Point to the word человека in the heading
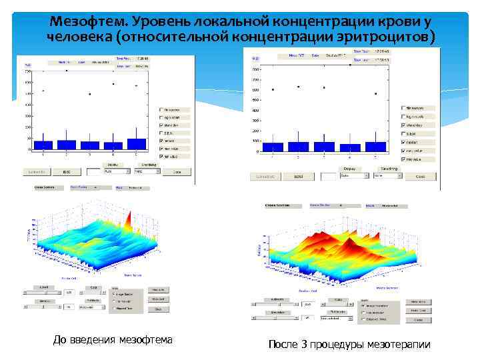79,35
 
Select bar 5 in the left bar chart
136,144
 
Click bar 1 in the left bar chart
43,145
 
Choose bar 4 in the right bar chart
350,147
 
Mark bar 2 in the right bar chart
299,147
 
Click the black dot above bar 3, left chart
89,94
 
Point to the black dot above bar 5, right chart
376,94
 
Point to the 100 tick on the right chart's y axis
256,141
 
